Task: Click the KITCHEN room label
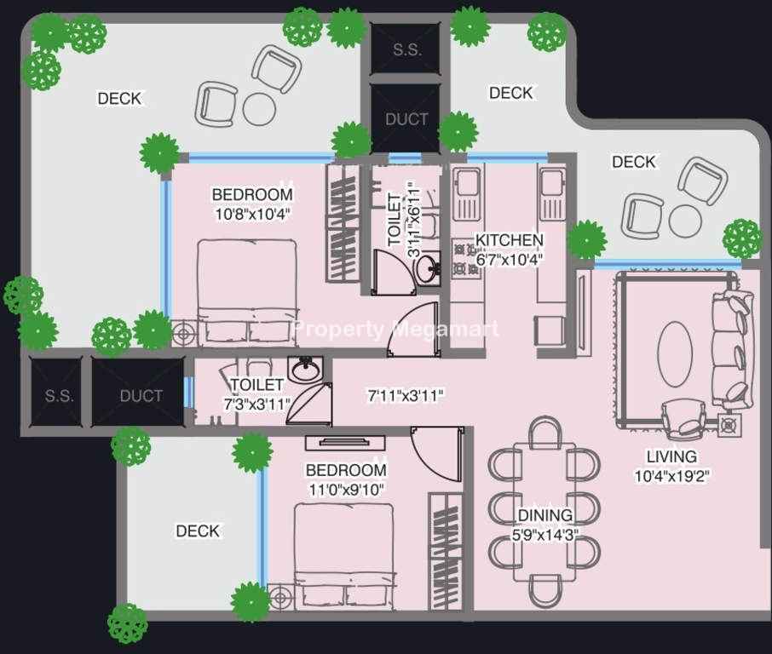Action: click(x=509, y=240)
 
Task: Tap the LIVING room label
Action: click(x=671, y=456)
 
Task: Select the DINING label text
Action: click(x=545, y=515)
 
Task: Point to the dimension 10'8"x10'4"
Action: click(x=252, y=214)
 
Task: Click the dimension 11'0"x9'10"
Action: click(x=346, y=490)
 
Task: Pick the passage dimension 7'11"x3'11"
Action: click(x=406, y=395)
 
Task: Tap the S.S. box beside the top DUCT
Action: click(x=406, y=49)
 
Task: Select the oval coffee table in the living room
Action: click(x=675, y=354)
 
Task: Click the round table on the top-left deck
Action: click(x=260, y=109)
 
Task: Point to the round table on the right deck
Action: click(x=685, y=221)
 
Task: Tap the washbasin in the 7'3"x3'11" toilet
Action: click(x=306, y=370)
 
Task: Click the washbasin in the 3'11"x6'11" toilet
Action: click(x=428, y=267)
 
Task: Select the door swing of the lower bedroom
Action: click(x=436, y=454)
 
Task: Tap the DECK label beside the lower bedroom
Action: click(x=198, y=531)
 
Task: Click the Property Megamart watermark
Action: click(x=395, y=329)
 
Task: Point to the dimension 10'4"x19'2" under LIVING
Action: click(x=671, y=476)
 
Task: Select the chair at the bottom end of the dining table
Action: click(x=545, y=590)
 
